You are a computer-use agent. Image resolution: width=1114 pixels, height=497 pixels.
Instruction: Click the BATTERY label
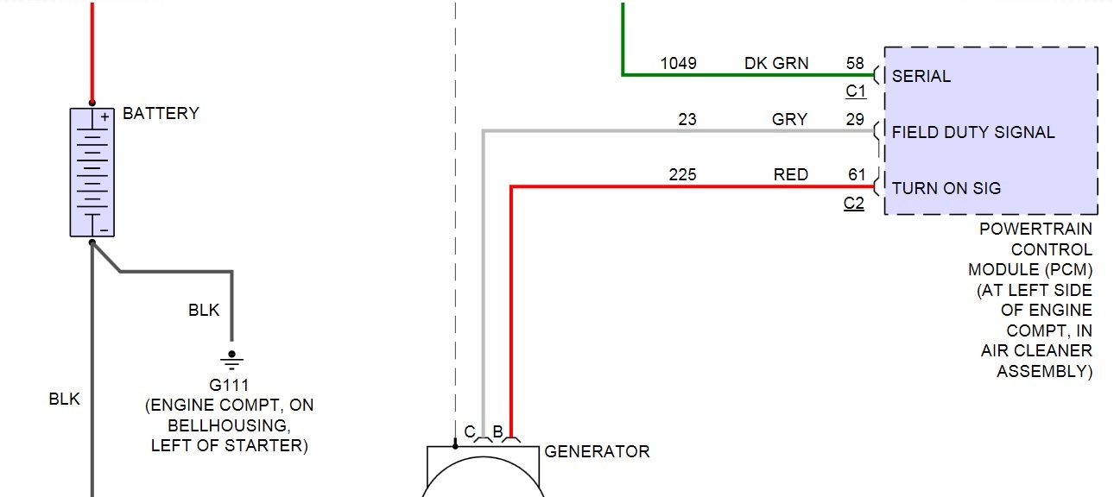[161, 113]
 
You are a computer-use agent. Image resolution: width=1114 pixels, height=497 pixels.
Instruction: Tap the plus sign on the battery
[104, 116]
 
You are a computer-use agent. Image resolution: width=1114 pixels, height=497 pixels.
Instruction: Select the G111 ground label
[229, 384]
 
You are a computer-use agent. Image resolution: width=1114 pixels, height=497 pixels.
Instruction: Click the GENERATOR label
[597, 451]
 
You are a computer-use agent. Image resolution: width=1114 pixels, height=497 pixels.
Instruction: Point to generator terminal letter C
[470, 431]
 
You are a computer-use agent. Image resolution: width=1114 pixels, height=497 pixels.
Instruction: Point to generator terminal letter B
[497, 431]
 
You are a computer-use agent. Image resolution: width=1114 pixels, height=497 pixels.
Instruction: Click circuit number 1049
[678, 63]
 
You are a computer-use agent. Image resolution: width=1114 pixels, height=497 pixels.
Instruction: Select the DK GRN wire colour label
[776, 63]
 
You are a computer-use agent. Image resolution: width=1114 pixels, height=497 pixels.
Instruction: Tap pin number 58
[855, 63]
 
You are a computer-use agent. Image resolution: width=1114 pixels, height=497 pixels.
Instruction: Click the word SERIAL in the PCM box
[921, 76]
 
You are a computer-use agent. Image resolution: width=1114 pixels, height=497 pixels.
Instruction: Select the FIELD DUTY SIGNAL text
[973, 132]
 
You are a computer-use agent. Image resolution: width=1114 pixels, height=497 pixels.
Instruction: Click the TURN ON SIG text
[946, 188]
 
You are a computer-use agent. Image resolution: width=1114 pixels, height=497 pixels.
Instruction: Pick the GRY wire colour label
[789, 119]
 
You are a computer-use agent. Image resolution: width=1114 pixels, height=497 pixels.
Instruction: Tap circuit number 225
[682, 175]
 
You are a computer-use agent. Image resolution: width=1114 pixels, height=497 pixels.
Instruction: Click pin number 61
[856, 175]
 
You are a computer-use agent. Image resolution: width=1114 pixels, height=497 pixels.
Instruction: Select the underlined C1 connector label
[855, 91]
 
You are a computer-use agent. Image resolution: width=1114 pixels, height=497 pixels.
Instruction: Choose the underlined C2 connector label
[853, 204]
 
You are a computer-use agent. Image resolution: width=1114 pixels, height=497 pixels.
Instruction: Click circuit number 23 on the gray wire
[687, 119]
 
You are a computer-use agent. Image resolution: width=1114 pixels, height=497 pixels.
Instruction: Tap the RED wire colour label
[791, 175]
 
